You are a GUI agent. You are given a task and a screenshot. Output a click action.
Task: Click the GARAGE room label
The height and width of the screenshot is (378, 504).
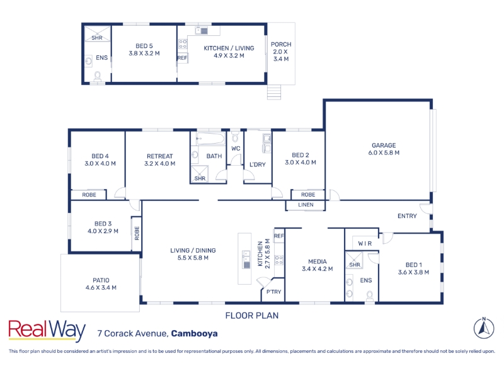(x=384, y=146)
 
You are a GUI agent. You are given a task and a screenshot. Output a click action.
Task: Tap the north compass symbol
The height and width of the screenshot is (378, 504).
(x=484, y=328)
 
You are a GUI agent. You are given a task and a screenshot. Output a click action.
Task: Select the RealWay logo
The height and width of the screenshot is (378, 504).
(x=47, y=330)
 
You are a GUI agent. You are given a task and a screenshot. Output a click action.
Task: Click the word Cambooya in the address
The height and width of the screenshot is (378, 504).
(x=194, y=333)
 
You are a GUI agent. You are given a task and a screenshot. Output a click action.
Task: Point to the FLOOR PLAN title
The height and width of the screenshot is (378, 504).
(x=252, y=316)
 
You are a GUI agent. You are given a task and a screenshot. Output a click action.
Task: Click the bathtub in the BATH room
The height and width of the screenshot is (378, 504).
(x=211, y=139)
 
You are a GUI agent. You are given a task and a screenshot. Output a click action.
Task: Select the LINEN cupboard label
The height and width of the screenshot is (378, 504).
(x=306, y=205)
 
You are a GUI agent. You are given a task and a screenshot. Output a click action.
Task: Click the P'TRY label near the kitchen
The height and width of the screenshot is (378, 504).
(x=273, y=292)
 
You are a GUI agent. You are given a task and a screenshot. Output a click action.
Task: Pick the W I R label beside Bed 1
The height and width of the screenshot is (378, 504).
(x=365, y=244)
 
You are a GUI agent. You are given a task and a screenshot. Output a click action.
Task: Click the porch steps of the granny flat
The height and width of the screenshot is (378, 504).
(x=274, y=92)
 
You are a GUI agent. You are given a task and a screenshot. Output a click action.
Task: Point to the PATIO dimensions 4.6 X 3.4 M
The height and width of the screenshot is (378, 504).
(x=101, y=288)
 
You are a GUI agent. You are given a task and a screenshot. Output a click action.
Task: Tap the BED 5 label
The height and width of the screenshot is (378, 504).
(x=144, y=46)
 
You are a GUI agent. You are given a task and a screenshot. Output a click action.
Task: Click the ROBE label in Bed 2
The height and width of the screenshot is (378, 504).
(x=308, y=195)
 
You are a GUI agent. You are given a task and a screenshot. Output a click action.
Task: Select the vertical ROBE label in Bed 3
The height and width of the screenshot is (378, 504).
(x=137, y=233)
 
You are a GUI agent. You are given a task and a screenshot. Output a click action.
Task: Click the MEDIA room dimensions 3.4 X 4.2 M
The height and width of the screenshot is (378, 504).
(x=318, y=269)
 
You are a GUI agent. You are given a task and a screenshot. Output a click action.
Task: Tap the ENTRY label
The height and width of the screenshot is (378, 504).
(x=407, y=216)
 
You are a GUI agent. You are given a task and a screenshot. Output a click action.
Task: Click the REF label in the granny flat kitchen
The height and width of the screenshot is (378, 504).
(x=182, y=58)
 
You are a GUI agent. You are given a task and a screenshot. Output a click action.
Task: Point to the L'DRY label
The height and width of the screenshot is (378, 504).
(x=258, y=164)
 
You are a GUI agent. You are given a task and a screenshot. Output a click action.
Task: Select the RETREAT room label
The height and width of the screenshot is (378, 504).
(x=160, y=156)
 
